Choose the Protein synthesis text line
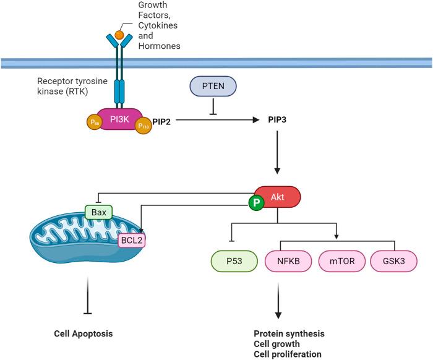tap(289, 333)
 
